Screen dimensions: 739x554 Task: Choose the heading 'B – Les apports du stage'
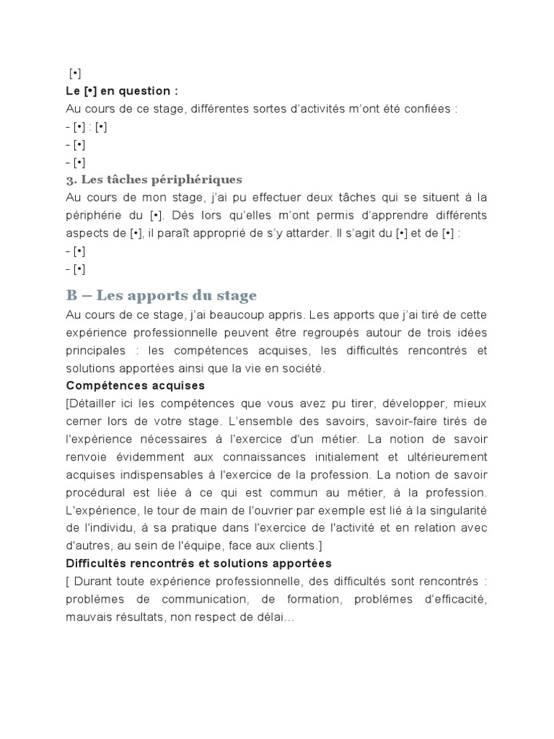(161, 295)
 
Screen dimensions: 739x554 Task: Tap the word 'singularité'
(455, 509)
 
